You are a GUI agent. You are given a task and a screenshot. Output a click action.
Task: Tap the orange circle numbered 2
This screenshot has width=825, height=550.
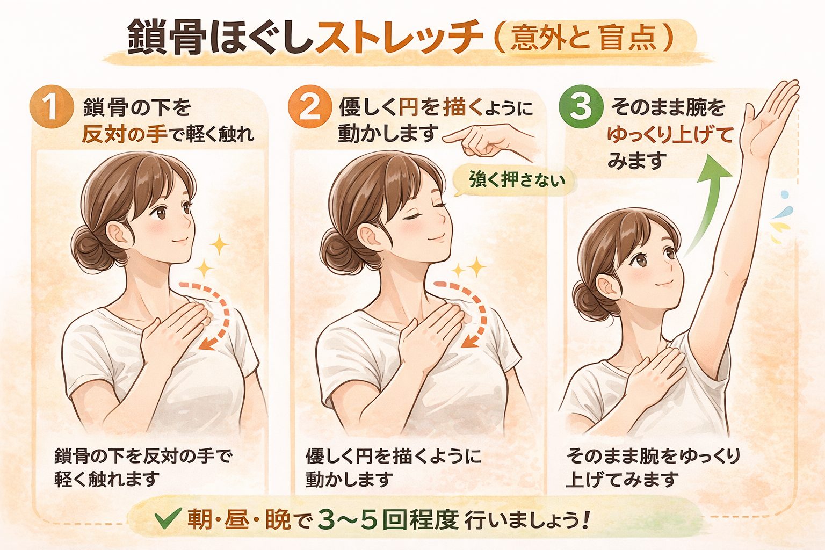click(310, 107)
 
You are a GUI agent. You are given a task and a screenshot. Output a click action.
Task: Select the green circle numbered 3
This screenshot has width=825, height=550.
click(581, 106)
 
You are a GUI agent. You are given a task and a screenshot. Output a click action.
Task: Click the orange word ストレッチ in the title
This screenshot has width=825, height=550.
click(399, 38)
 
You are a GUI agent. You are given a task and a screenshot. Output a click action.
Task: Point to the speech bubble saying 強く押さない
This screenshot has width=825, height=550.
click(514, 181)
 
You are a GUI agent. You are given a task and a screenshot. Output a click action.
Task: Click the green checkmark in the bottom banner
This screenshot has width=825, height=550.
click(168, 518)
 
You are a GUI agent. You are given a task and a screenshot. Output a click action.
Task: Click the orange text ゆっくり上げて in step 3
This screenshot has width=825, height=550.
click(670, 135)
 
